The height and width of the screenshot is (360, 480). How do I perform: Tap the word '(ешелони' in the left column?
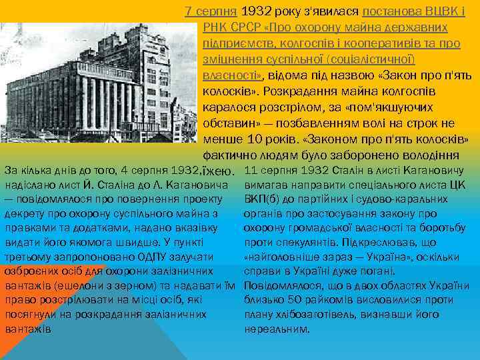(77, 286)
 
